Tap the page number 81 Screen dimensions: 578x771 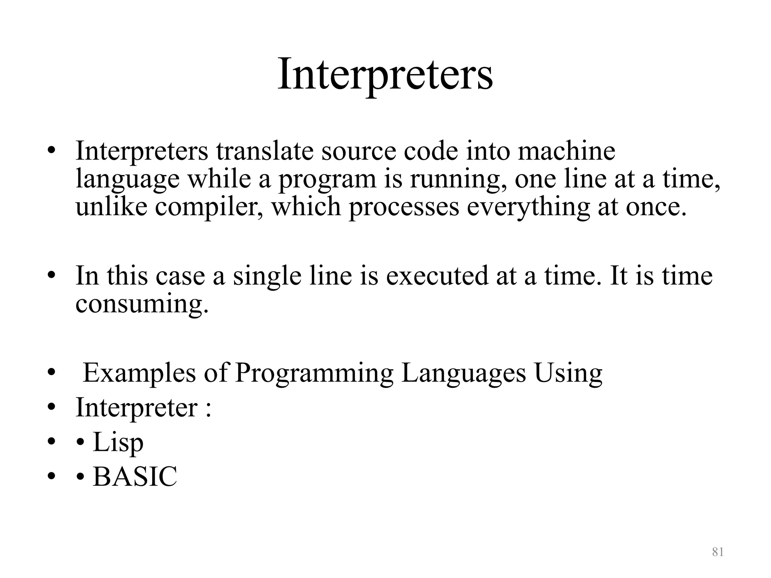pyautogui.click(x=718, y=552)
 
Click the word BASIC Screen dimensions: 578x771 pyautogui.click(x=135, y=476)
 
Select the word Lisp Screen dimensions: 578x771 pyautogui.click(x=118, y=443)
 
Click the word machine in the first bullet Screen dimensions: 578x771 pyautogui.click(x=566, y=151)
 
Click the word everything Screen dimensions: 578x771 pyautogui.click(x=528, y=208)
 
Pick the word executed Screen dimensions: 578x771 pyautogui.click(x=437, y=275)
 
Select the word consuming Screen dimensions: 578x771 pyautogui.click(x=142, y=305)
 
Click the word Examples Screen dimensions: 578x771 pyautogui.click(x=139, y=374)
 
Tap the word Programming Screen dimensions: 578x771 pyautogui.click(x=314, y=374)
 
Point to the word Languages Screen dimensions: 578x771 pyautogui.click(x=463, y=374)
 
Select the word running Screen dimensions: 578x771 pyautogui.click(x=458, y=179)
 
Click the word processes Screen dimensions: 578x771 pyautogui.click(x=404, y=207)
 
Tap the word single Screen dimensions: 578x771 pyautogui.click(x=267, y=276)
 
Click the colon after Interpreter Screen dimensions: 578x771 pyautogui.click(x=208, y=409)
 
